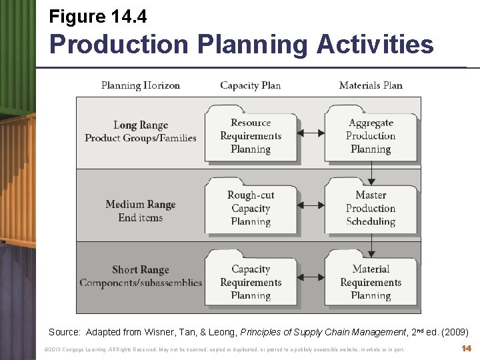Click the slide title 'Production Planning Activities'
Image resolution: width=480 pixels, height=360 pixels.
point(241,45)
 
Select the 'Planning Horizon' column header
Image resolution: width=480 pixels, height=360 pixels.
point(141,85)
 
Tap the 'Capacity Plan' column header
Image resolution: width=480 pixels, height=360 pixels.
point(251,85)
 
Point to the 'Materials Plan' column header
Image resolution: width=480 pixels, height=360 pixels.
point(371,85)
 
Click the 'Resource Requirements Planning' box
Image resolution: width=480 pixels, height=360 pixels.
point(251,136)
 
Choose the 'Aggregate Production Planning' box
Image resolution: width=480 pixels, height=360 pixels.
point(371,136)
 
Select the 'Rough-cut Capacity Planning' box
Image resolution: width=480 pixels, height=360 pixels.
point(251,208)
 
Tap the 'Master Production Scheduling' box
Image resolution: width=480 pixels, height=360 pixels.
point(371,208)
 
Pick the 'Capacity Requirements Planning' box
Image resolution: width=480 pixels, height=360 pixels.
point(251,282)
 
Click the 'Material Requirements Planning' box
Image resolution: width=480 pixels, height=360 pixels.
point(371,282)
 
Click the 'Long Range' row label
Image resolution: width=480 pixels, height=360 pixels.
point(141,125)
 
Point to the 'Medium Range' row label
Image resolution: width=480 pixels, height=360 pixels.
point(141,205)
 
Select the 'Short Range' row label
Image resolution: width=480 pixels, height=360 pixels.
point(141,270)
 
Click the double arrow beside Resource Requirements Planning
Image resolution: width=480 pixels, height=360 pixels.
point(311,133)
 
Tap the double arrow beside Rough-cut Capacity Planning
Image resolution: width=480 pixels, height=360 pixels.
point(311,206)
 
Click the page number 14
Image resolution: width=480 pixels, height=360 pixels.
point(467,349)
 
